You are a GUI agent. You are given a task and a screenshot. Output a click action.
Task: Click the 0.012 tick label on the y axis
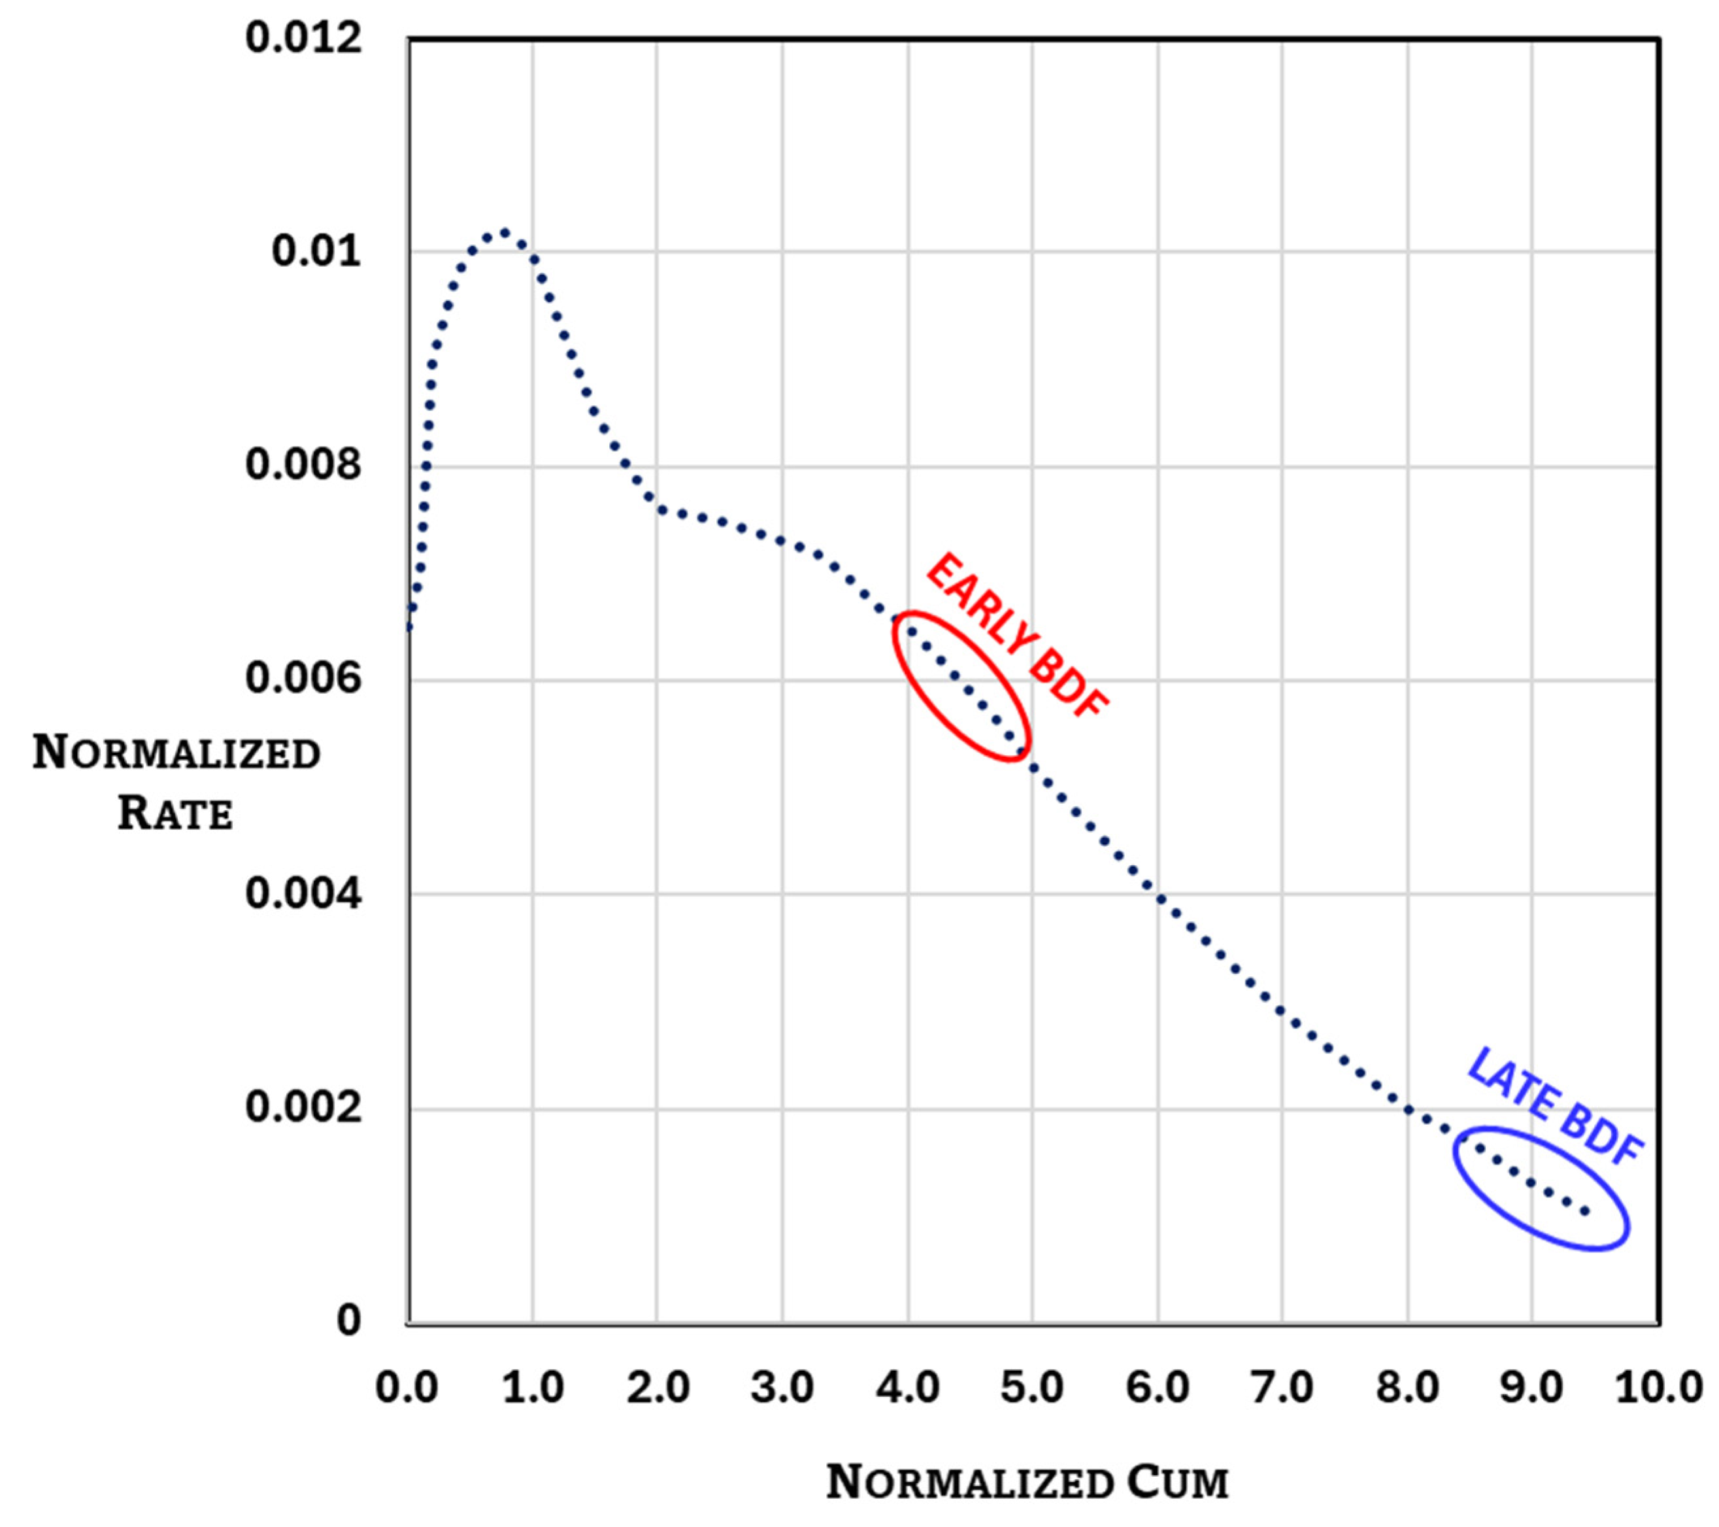[303, 39]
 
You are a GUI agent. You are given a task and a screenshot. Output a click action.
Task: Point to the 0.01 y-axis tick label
[316, 252]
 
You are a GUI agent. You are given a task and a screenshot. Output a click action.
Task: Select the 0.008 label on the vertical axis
[303, 464]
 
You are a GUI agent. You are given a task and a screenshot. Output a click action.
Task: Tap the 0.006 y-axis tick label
[303, 678]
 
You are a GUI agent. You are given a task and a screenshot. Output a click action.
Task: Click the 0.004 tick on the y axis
[303, 893]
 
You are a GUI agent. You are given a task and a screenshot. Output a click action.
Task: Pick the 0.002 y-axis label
[303, 1107]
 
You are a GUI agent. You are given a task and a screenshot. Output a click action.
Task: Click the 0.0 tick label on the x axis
[407, 1387]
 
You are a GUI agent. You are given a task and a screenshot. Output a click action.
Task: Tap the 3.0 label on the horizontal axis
[782, 1387]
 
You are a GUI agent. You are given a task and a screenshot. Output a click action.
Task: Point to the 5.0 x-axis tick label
[1032, 1387]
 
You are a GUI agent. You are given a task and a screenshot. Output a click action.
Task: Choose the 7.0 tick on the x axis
[1282, 1387]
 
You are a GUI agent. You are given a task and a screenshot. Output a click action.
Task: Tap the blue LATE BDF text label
[1554, 1107]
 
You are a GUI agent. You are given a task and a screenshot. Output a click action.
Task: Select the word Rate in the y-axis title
[175, 814]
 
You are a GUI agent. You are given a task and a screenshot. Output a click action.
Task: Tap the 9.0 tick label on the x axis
[1531, 1387]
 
